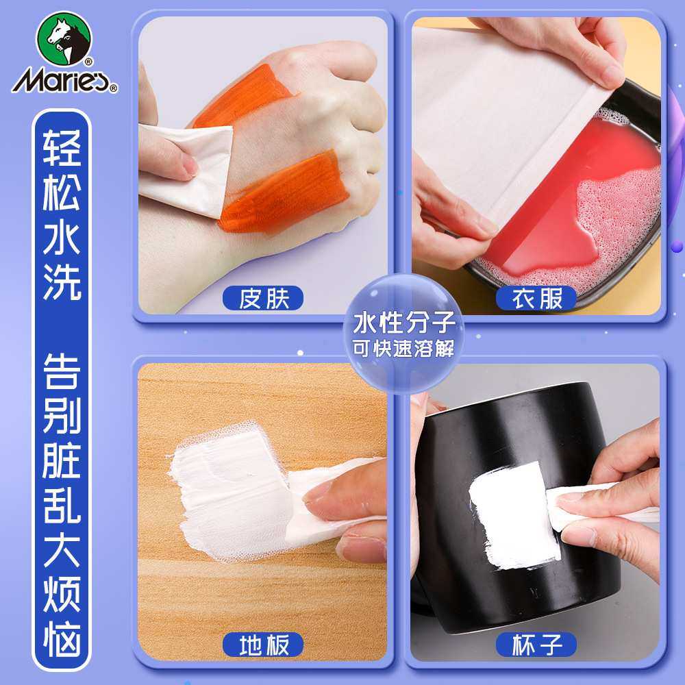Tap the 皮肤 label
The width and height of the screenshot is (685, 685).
coord(263,299)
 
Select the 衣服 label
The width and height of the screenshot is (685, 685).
coord(537,299)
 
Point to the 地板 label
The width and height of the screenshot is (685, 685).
coord(263,645)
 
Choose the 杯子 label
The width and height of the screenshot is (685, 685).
coord(537,645)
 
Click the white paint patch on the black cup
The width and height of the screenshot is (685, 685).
coord(514,514)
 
